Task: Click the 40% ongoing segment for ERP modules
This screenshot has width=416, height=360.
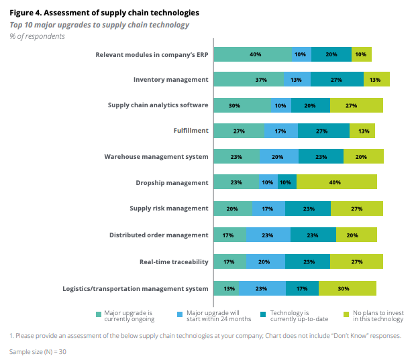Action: pyautogui.click(x=253, y=54)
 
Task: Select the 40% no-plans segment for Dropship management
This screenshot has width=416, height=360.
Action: pyautogui.click(x=336, y=183)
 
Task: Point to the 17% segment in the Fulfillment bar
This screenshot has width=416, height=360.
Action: pyautogui.click(x=280, y=131)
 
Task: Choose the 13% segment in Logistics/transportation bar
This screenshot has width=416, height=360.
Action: pyautogui.click(x=226, y=288)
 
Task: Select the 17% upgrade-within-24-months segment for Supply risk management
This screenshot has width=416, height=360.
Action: pyautogui.click(x=268, y=208)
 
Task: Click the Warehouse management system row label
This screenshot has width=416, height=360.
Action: pyautogui.click(x=156, y=157)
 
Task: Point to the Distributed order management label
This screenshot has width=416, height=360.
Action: pyautogui.click(x=159, y=235)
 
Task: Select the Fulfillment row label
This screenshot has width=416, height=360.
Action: pyautogui.click(x=192, y=131)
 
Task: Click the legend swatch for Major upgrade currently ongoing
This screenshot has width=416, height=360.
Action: pyautogui.click(x=99, y=313)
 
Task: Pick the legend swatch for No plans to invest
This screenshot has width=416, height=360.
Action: pyautogui.click(x=346, y=313)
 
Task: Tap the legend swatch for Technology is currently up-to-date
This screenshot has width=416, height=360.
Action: pyautogui.click(x=264, y=313)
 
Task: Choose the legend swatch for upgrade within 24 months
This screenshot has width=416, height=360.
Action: pyautogui.click(x=180, y=313)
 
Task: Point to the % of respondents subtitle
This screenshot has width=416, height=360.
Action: pyautogui.click(x=37, y=36)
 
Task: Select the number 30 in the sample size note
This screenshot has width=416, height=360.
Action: pyautogui.click(x=62, y=351)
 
